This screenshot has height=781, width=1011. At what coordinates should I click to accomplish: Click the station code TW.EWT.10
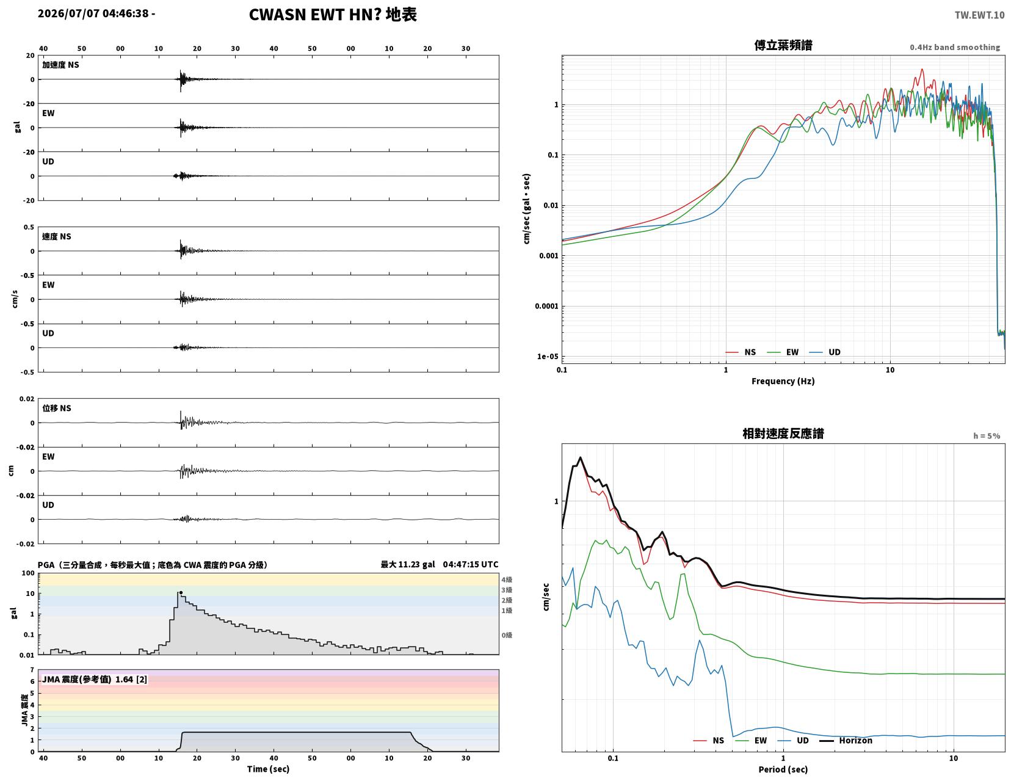coord(979,15)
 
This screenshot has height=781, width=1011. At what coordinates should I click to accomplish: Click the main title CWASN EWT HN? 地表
coord(333,15)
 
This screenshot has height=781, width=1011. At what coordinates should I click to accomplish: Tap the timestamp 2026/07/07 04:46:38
coord(93,13)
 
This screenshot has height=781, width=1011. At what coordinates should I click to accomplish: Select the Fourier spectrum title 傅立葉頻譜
coord(783,45)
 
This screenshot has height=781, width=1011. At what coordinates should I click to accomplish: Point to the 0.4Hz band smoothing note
coord(955,47)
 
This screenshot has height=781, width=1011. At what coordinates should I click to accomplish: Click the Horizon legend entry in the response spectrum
coord(846,740)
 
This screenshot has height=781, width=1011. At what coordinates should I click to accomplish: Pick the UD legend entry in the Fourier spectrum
coord(825,352)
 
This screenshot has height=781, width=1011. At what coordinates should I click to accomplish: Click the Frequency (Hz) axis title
coord(783,381)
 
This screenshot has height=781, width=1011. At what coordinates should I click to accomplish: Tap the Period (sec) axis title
coord(783,769)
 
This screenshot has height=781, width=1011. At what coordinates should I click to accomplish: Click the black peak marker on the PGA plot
coord(181,592)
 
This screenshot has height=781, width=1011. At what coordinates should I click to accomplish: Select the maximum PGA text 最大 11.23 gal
coord(408,564)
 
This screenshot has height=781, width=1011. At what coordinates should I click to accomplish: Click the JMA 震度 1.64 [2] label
coord(95,679)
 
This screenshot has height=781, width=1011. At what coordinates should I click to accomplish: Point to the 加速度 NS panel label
coord(60,65)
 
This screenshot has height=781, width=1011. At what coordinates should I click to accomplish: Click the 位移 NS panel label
coord(57,408)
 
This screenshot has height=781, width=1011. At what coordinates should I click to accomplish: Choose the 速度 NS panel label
coord(57,236)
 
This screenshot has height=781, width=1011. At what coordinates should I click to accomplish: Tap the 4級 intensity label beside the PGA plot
coord(507,579)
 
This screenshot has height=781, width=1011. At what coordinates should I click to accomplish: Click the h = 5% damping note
coord(987,436)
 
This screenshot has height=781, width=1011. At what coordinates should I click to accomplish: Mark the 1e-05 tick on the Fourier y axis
coord(548,357)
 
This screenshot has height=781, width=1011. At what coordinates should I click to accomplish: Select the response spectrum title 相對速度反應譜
coord(783,434)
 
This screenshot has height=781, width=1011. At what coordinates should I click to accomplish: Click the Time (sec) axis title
coord(268,769)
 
